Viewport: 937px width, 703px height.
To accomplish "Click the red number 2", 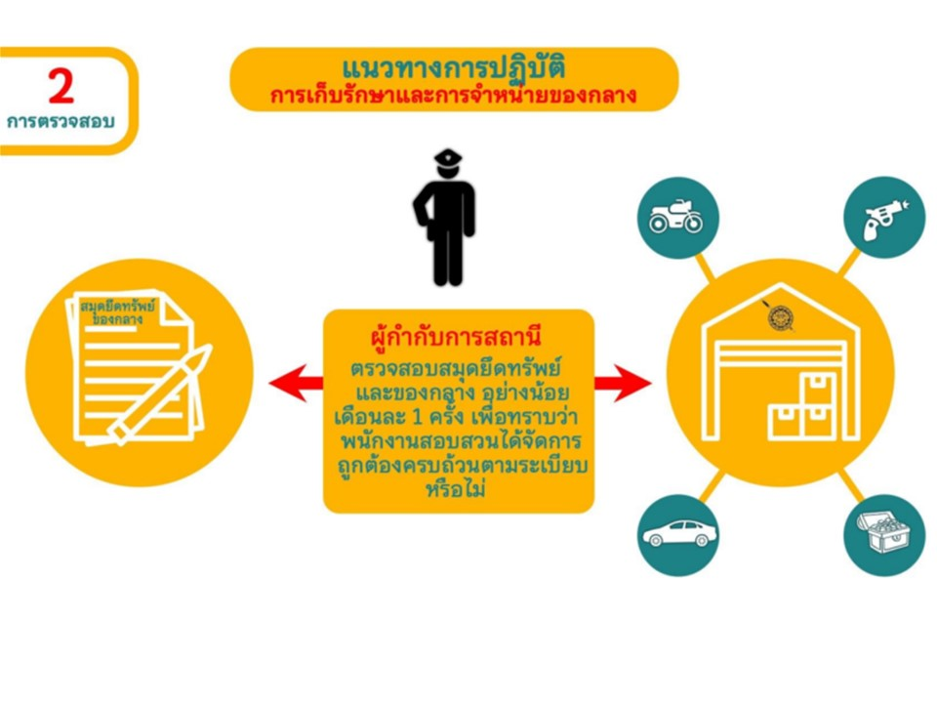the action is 61,86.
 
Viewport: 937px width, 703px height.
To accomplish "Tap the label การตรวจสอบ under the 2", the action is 61,121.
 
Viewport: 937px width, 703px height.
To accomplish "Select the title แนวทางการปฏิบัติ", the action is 454,68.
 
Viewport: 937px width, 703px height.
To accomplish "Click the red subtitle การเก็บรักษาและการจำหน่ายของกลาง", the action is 454,96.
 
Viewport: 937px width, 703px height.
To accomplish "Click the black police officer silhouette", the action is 445,218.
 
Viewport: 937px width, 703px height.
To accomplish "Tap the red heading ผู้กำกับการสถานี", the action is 456,336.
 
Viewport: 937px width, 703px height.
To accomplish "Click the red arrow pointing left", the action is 297,383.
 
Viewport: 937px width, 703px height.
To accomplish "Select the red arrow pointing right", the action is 623,383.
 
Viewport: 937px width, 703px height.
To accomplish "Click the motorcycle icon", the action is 676,217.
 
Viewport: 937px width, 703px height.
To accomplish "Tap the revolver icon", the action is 885,218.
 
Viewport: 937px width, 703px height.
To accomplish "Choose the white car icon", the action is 679,533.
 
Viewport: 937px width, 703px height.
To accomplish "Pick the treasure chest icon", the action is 884,533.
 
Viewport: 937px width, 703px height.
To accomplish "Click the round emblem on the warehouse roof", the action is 780,317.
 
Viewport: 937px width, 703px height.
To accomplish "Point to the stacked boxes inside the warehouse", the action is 800,408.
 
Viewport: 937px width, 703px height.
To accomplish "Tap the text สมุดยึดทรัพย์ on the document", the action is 117,306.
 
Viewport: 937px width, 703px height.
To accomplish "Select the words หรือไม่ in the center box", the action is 456,488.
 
